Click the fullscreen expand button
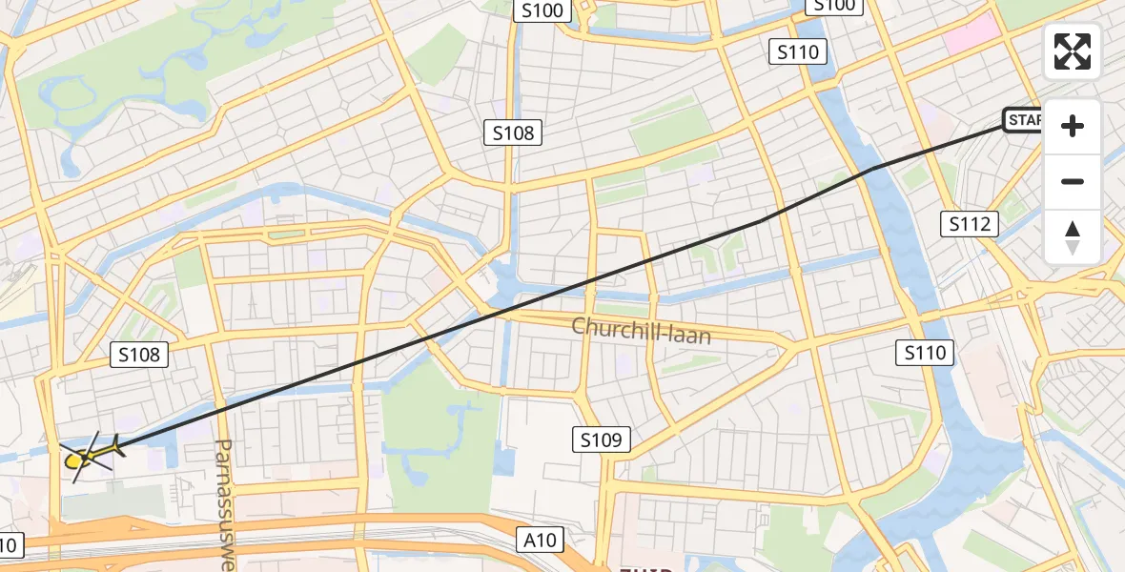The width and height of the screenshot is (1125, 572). click(x=1073, y=51)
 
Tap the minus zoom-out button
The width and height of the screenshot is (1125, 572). click(x=1073, y=182)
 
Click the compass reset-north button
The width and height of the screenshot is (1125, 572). click(x=1073, y=237)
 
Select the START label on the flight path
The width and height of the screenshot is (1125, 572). click(x=1024, y=120)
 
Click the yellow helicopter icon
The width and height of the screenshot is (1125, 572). click(x=88, y=456)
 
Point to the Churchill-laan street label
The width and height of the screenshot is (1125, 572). click(x=641, y=331)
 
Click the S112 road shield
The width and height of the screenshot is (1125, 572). click(x=971, y=225)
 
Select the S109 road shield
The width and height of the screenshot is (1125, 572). click(x=602, y=439)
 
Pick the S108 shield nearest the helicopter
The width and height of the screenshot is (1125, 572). click(x=140, y=356)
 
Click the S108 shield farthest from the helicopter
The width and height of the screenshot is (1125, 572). click(x=515, y=133)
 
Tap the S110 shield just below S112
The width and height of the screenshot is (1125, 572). click(x=926, y=353)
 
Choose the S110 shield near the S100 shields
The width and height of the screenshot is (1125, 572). click(x=797, y=52)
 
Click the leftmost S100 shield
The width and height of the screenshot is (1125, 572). click(x=542, y=10)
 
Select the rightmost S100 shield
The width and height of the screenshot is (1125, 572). click(x=833, y=6)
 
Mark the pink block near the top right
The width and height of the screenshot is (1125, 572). click(x=972, y=38)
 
